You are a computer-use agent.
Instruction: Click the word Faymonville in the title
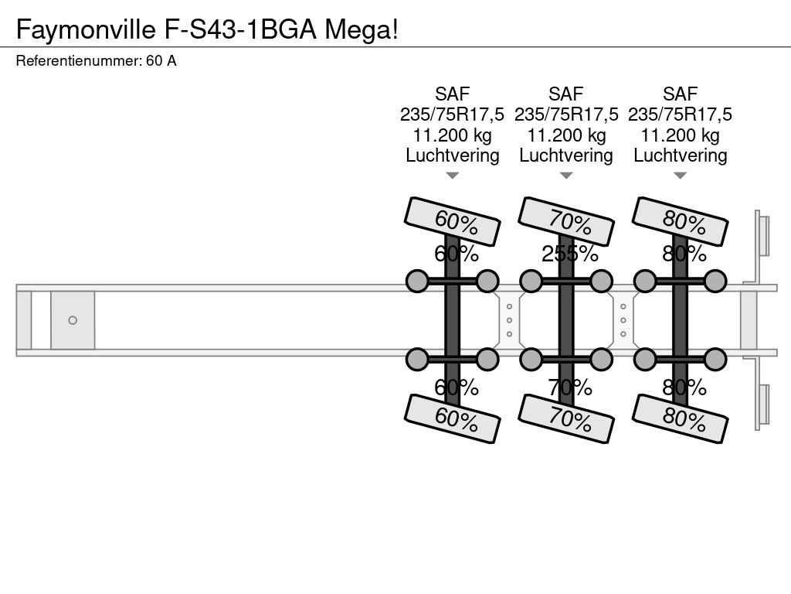click(x=86, y=29)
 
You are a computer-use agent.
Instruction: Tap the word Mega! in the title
click(x=362, y=29)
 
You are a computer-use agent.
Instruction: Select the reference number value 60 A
click(x=161, y=61)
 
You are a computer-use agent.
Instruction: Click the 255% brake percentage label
click(x=570, y=254)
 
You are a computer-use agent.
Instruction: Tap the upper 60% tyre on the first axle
click(x=453, y=221)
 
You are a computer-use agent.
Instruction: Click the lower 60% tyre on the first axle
click(x=453, y=418)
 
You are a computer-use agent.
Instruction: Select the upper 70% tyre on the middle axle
click(x=566, y=221)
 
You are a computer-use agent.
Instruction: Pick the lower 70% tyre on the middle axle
click(x=566, y=418)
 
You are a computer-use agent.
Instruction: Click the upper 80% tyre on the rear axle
click(x=680, y=221)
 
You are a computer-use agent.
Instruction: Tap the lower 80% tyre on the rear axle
click(x=680, y=418)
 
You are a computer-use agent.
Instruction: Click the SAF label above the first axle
click(x=453, y=94)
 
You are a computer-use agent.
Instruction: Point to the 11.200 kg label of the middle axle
click(x=566, y=135)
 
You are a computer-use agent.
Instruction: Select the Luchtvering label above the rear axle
click(x=680, y=155)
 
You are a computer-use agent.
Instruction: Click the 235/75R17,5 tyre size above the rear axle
click(x=680, y=114)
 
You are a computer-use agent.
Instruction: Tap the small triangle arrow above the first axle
click(x=453, y=176)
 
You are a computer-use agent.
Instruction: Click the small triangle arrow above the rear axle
click(x=680, y=176)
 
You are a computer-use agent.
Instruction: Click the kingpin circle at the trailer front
click(x=73, y=320)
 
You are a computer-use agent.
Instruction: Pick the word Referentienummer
click(x=78, y=61)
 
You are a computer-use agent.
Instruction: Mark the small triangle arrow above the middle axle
click(x=566, y=176)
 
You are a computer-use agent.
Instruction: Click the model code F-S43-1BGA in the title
click(x=241, y=29)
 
